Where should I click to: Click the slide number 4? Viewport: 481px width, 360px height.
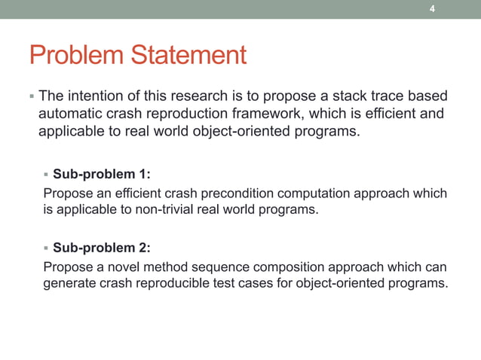pos(432,9)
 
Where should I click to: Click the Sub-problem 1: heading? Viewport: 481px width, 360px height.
pos(101,175)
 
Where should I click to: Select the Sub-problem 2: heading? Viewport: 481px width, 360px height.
pos(101,247)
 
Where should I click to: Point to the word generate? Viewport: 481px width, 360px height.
pos(67,283)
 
